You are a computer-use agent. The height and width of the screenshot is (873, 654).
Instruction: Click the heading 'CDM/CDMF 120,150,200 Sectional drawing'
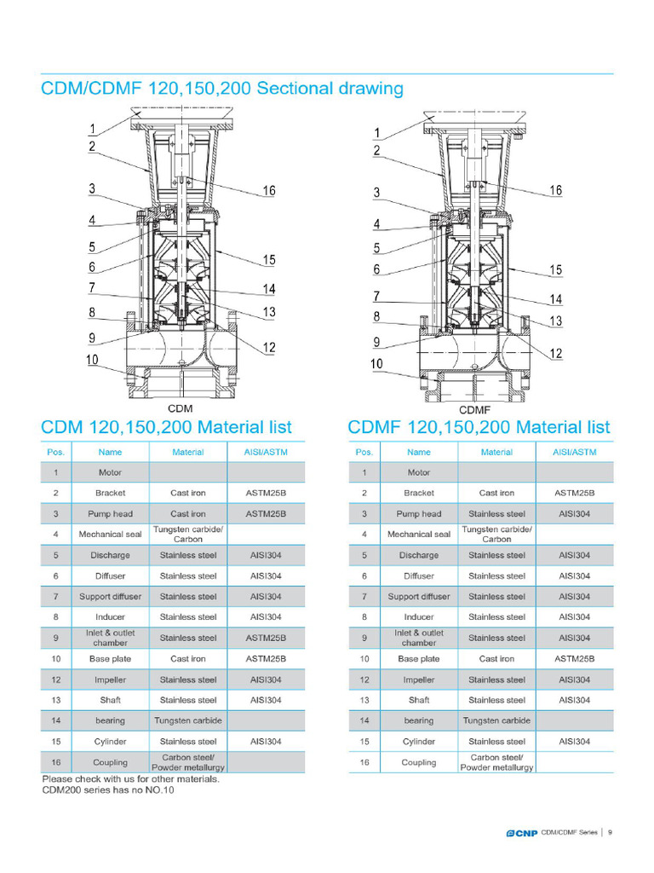click(222, 89)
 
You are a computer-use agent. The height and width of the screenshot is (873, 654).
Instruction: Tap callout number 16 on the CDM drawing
click(268, 191)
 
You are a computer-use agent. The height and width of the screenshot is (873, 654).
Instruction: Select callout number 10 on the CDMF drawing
click(376, 364)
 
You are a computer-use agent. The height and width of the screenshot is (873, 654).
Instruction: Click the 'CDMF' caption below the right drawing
click(474, 410)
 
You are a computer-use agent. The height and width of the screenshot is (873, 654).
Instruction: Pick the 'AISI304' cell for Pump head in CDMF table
click(574, 514)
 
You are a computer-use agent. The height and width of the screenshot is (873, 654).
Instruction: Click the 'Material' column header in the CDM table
click(187, 452)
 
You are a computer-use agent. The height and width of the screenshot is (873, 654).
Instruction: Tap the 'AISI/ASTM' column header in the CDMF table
click(574, 452)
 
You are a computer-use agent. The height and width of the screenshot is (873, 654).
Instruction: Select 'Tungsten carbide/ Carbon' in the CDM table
click(187, 535)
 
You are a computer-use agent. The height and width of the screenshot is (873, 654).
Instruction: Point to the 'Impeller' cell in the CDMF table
click(418, 680)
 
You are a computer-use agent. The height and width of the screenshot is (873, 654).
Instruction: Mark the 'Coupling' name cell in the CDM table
click(110, 762)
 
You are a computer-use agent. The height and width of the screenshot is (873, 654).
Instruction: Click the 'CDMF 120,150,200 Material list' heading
click(479, 426)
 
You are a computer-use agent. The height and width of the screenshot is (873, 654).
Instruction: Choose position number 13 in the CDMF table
click(364, 701)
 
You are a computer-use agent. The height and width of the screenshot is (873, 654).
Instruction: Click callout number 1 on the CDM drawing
click(91, 130)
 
